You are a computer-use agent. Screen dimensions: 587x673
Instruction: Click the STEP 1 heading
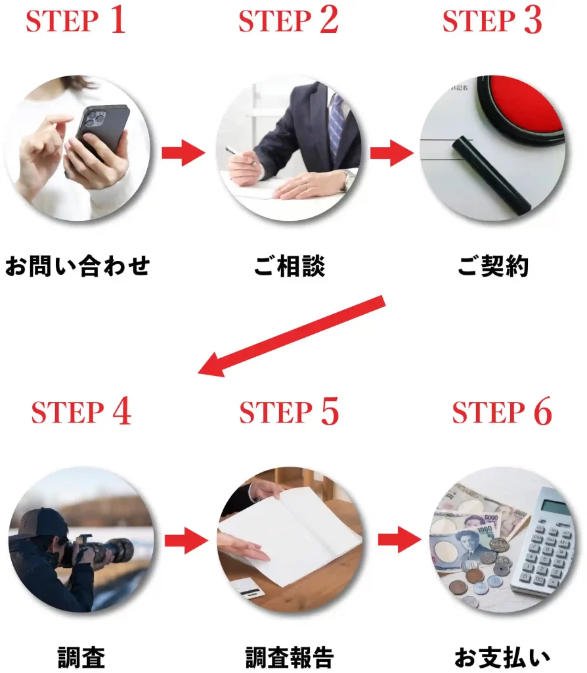click(76, 20)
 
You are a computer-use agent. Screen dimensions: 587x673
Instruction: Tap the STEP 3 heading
click(492, 20)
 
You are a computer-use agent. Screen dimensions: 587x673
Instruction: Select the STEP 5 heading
click(289, 411)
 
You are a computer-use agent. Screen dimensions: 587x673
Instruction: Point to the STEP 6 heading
click(502, 411)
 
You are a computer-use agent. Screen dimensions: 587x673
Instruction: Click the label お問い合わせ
click(77, 266)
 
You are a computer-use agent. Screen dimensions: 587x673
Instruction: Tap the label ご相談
click(290, 266)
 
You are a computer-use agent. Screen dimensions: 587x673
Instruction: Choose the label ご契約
click(493, 266)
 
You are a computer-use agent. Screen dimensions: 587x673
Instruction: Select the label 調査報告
click(290, 657)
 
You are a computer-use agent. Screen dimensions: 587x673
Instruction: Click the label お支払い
click(502, 657)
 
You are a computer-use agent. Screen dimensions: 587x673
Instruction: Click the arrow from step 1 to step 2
click(183, 152)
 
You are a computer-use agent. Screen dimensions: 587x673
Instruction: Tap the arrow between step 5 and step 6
click(400, 540)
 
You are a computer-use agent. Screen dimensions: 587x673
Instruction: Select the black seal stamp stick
click(492, 175)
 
